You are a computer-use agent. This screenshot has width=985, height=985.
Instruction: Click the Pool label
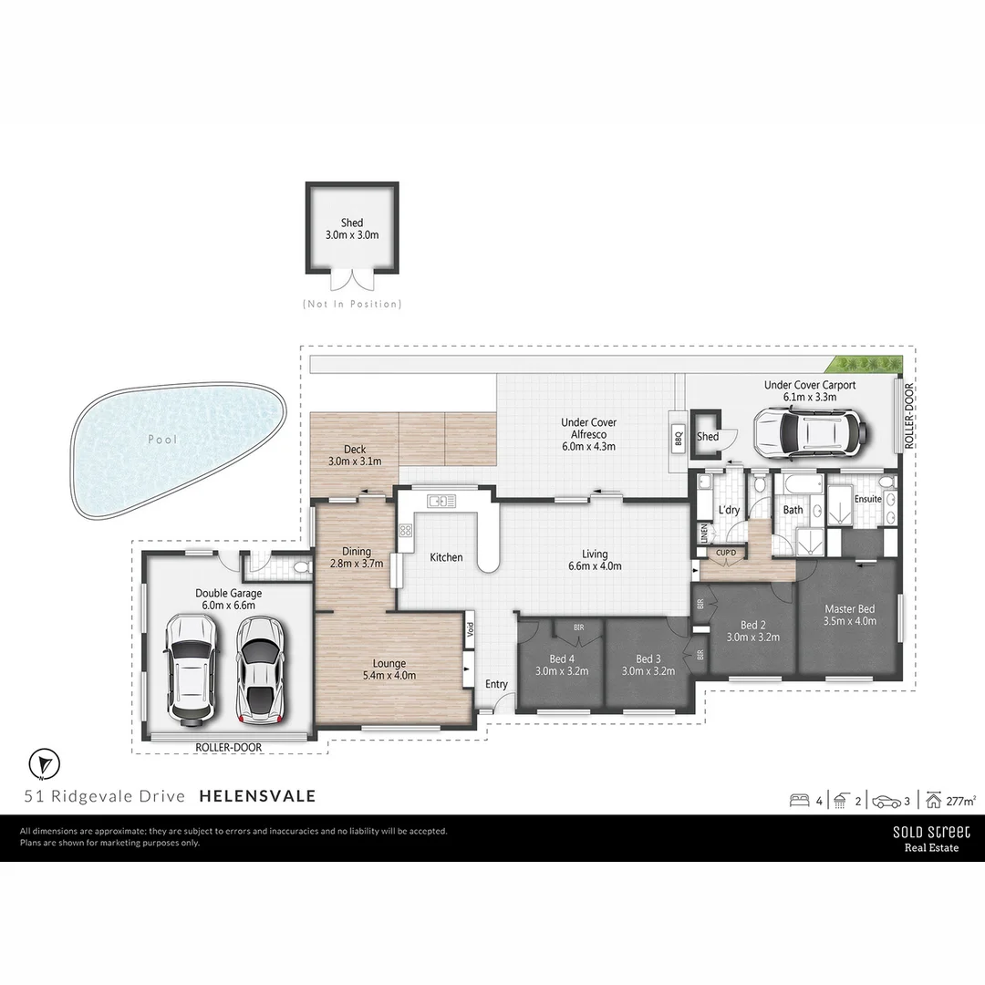click(x=164, y=440)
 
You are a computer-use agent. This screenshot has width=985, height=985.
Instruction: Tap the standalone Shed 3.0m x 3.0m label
click(x=352, y=229)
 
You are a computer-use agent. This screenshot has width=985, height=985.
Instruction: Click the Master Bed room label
click(x=850, y=615)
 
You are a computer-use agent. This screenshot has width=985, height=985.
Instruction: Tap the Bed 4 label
click(x=562, y=665)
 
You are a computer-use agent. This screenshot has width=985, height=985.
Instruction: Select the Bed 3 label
click(x=648, y=665)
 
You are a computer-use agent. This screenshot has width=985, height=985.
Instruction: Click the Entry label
click(x=496, y=684)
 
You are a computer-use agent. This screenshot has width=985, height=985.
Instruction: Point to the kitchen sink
click(x=441, y=500)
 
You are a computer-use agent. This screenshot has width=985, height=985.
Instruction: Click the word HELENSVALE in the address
click(x=257, y=796)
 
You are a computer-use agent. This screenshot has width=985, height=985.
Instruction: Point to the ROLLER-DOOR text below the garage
click(x=229, y=747)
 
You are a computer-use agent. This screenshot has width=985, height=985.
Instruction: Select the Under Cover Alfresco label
click(x=588, y=434)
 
